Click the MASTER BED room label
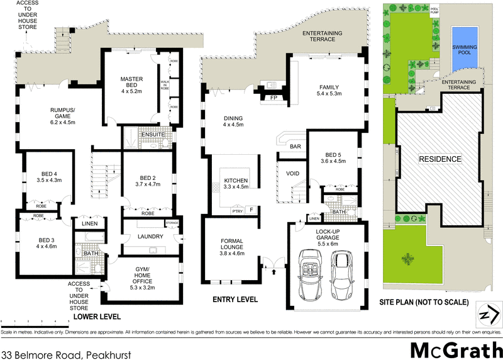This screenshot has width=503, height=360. coord(133,83)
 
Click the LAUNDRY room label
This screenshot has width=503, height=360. coord(150,237)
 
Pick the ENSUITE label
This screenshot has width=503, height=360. coord(152,134)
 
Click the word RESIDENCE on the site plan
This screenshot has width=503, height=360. coord(440,159)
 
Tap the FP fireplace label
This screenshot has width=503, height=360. coord(274,99)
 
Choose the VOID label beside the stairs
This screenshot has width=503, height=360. coord(292,173)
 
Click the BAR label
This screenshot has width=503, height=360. coord(295,147)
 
